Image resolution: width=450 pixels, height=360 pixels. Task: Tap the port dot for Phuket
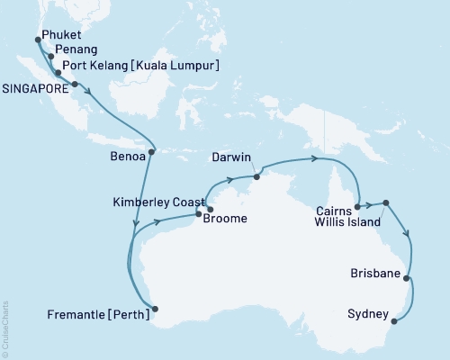(x=37, y=40)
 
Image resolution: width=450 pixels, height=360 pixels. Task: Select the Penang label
(x=76, y=49)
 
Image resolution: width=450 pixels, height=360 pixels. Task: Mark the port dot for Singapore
(x=75, y=85)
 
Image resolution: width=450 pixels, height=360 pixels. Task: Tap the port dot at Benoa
(x=151, y=151)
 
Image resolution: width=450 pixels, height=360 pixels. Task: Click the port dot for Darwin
(x=256, y=176)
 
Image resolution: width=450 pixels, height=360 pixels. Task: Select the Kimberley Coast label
(x=157, y=203)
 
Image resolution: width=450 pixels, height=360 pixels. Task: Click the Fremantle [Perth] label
(x=98, y=315)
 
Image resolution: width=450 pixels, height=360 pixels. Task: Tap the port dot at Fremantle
(x=156, y=310)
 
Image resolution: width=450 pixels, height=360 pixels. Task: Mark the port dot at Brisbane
(x=407, y=278)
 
